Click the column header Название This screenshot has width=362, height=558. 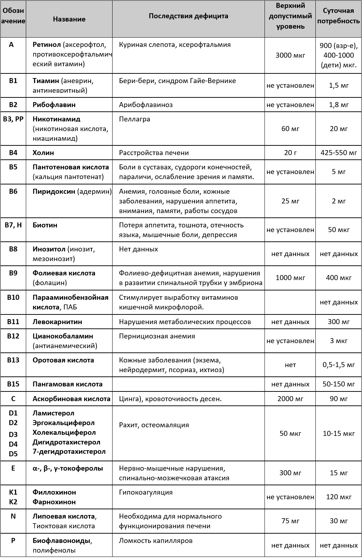pyautogui.click(x=69, y=19)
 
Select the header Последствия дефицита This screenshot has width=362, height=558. pyautogui.click(x=188, y=16)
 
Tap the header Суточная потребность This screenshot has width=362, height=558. pyautogui.click(x=339, y=16)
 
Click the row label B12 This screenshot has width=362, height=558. pyautogui.click(x=13, y=336)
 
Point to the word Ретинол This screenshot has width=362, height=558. pyautogui.click(x=47, y=45)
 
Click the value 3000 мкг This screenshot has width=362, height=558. pyautogui.click(x=290, y=55)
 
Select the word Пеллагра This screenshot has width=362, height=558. pyautogui.click(x=134, y=119)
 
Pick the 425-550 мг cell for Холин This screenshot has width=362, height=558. pyautogui.click(x=339, y=153)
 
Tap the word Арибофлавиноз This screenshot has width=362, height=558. pyautogui.click(x=146, y=105)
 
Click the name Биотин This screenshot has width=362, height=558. pyautogui.click(x=45, y=225)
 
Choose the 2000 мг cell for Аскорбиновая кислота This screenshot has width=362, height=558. pyautogui.click(x=290, y=399)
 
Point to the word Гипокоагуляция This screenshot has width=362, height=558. pyautogui.click(x=146, y=492)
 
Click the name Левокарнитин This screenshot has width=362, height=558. pyautogui.click(x=57, y=322)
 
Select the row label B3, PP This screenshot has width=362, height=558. pyautogui.click(x=13, y=119)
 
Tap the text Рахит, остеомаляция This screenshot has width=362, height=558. pyautogui.click(x=154, y=425)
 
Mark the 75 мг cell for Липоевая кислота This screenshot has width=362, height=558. pyautogui.click(x=290, y=521)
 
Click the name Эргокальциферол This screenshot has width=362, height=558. pyautogui.click(x=63, y=423)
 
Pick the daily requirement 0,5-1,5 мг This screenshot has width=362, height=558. pyautogui.click(x=339, y=365)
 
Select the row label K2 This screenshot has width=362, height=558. pyautogui.click(x=13, y=502)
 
